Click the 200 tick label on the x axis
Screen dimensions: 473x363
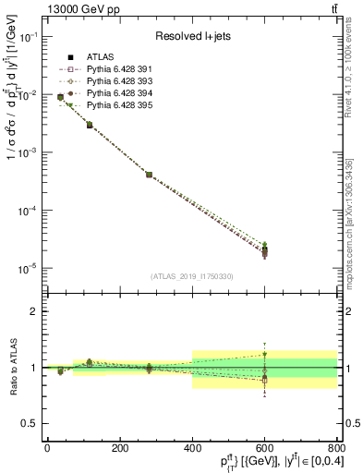(119, 448)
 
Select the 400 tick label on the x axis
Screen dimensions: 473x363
(192, 448)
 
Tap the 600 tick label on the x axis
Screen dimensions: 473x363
(264, 448)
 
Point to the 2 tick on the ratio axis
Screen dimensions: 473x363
(34, 311)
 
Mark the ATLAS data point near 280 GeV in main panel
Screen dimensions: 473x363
(149, 174)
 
